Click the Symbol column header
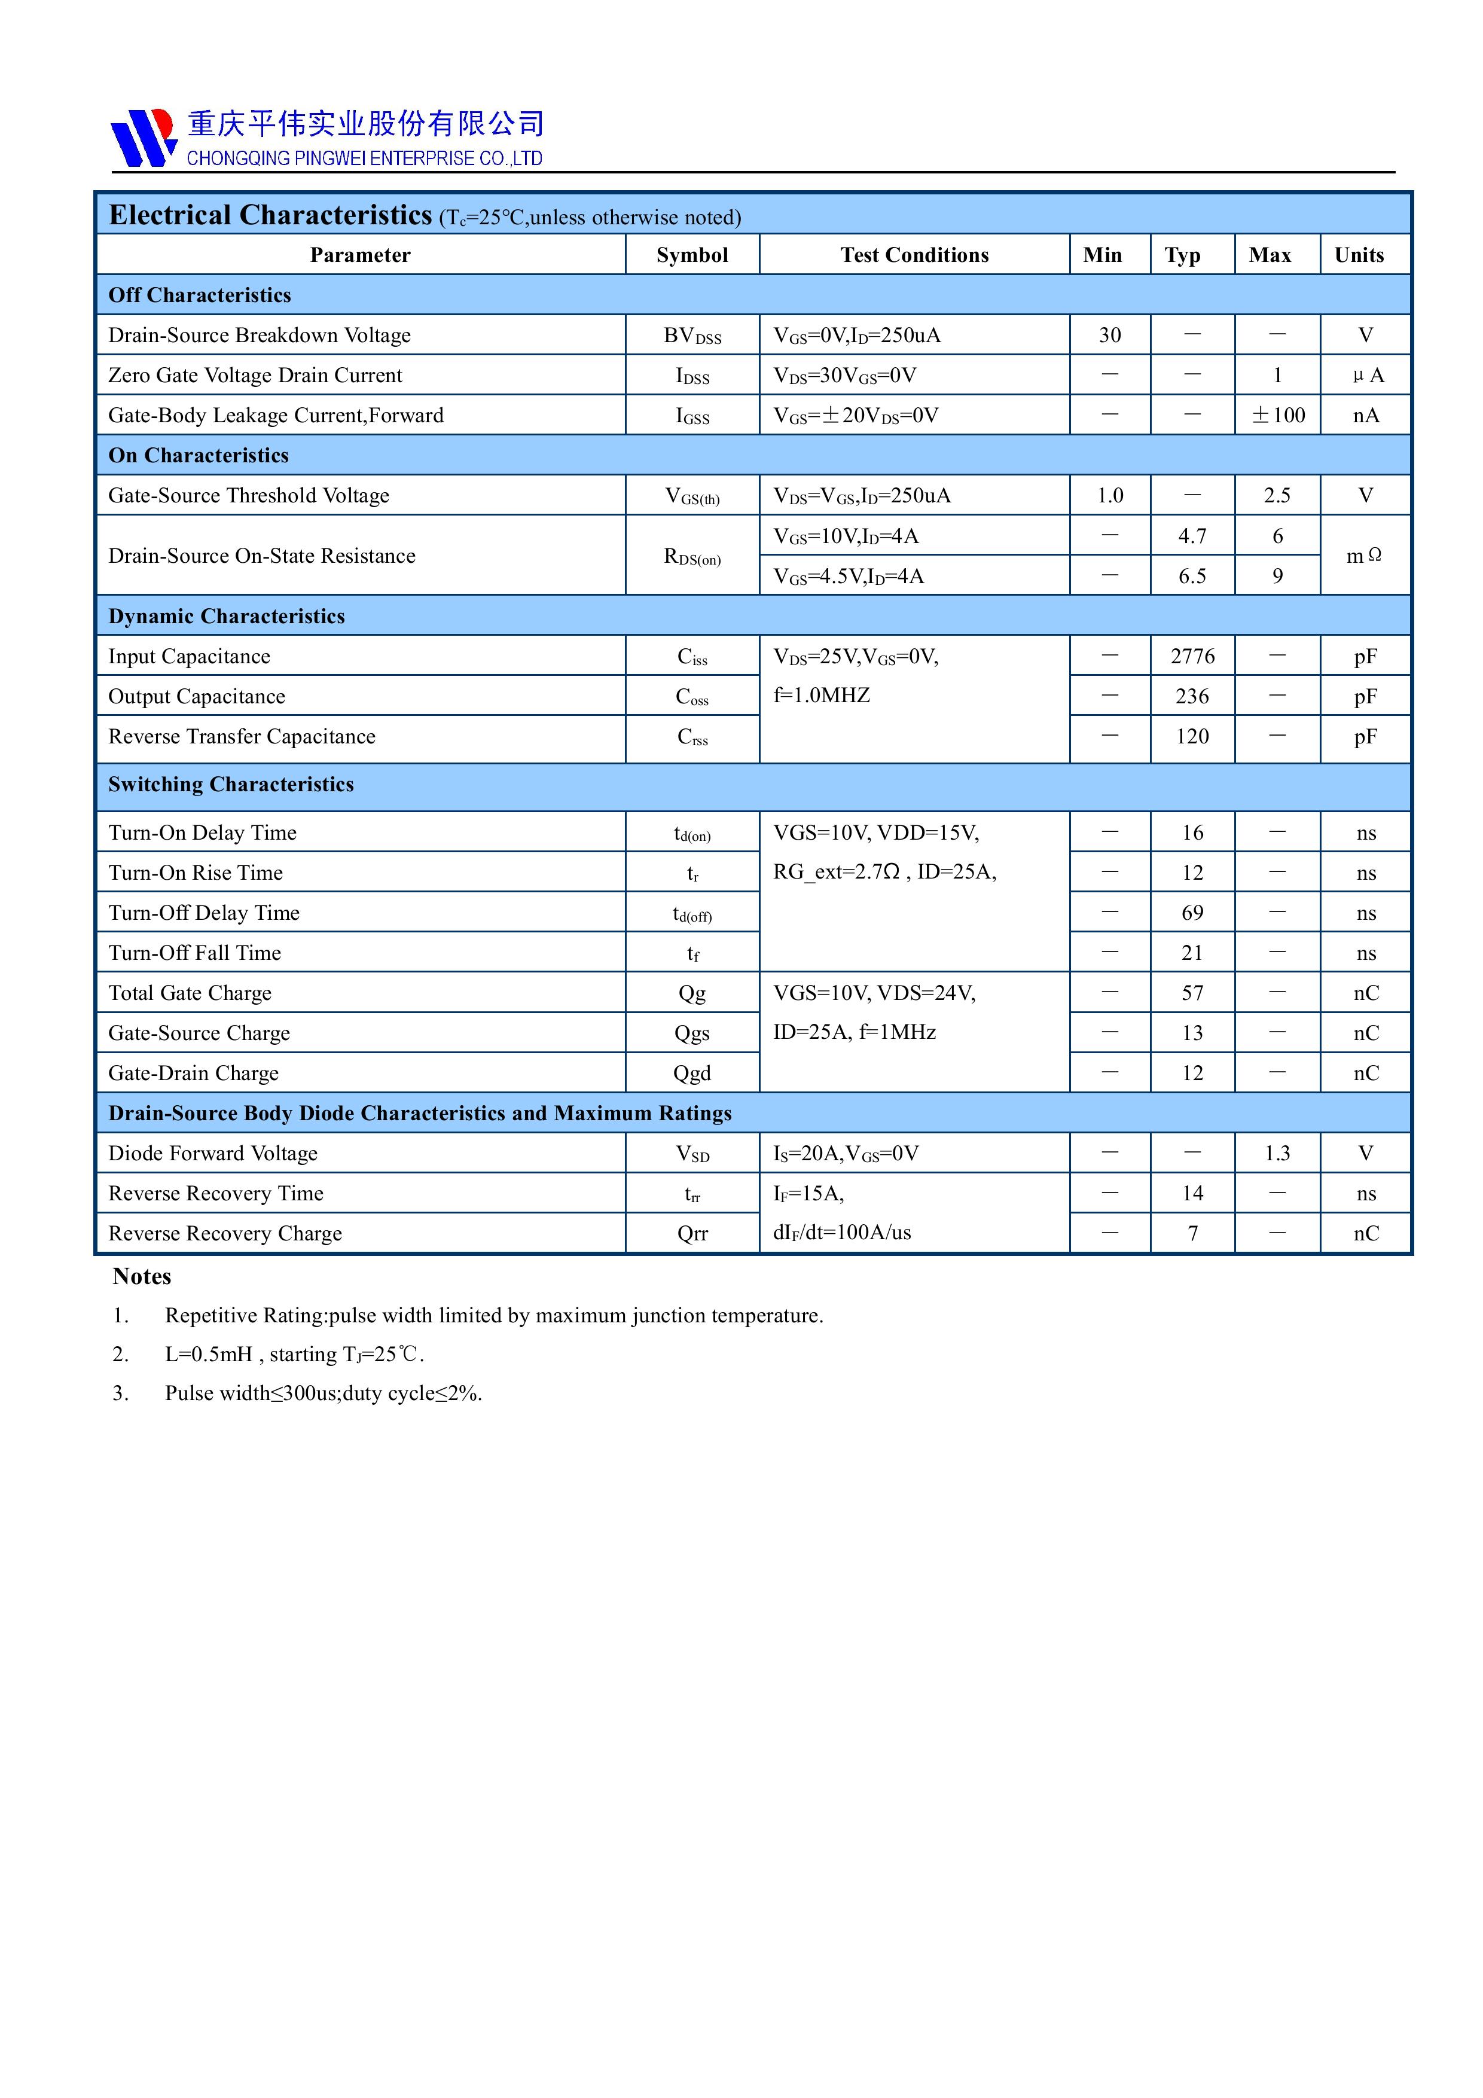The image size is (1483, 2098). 692,255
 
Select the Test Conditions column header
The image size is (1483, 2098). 914,255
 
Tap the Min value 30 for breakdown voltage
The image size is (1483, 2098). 1109,336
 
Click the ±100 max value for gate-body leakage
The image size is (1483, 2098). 1277,416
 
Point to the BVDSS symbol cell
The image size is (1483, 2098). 692,336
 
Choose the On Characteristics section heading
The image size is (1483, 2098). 199,455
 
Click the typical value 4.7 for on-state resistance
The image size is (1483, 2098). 1192,536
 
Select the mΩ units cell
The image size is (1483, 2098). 1364,556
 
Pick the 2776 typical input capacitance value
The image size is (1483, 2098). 1192,656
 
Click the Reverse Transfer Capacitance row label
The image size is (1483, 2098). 241,736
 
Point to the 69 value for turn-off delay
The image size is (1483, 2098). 1192,913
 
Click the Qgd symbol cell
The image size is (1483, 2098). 692,1074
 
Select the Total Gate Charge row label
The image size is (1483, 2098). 189,993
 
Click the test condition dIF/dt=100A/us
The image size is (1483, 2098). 841,1233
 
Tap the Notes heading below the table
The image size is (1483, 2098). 142,1276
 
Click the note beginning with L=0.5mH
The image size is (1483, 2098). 294,1354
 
